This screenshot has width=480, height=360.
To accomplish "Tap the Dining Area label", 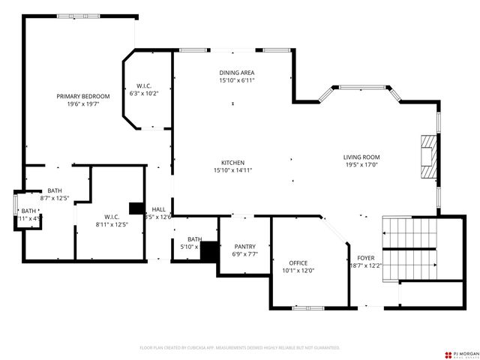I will (x=236, y=72).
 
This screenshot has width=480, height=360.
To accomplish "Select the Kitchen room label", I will (x=232, y=163).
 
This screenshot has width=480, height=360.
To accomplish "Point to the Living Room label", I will (x=361, y=157).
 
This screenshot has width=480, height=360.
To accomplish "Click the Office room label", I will (x=298, y=262).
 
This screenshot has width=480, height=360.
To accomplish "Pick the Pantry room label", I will (x=245, y=246).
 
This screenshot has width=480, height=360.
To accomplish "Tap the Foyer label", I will (x=365, y=257).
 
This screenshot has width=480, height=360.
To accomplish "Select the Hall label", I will (x=158, y=209).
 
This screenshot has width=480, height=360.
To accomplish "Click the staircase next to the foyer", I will (x=409, y=248).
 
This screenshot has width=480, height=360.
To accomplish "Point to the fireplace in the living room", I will (x=427, y=157).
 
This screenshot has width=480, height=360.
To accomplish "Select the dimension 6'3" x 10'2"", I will (x=145, y=94).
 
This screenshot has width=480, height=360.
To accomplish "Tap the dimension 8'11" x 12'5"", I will (x=112, y=224).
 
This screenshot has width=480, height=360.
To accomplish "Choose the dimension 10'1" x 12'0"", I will (x=298, y=271).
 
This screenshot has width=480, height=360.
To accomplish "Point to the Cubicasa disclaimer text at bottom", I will (x=240, y=348).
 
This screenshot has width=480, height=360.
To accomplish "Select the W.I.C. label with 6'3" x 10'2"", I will (x=145, y=85).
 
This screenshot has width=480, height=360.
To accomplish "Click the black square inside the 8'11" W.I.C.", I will (x=136, y=209).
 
